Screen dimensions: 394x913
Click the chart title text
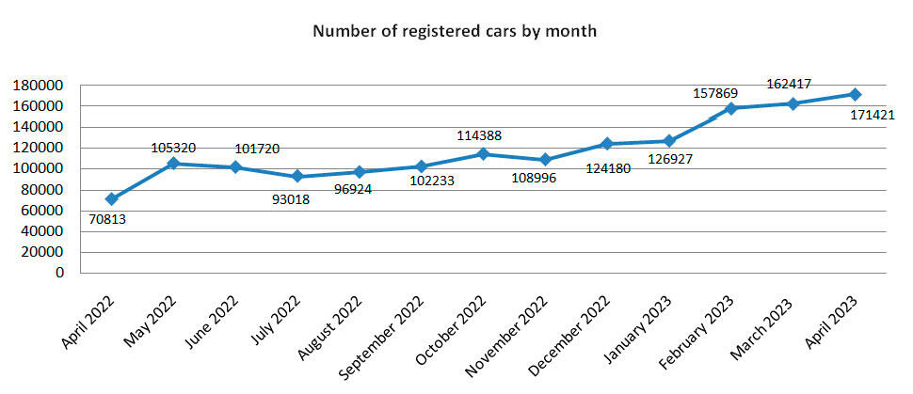[455, 31]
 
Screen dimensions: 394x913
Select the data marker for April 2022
[112, 199]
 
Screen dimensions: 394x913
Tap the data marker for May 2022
[174, 164]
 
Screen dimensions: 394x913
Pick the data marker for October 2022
[484, 154]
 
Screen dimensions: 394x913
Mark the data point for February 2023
[731, 108]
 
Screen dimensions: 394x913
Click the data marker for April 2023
[855, 94]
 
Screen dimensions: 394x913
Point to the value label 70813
[107, 220]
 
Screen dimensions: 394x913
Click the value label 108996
[533, 179]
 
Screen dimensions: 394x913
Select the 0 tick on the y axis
[58, 273]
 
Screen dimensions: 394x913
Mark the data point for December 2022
[607, 144]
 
